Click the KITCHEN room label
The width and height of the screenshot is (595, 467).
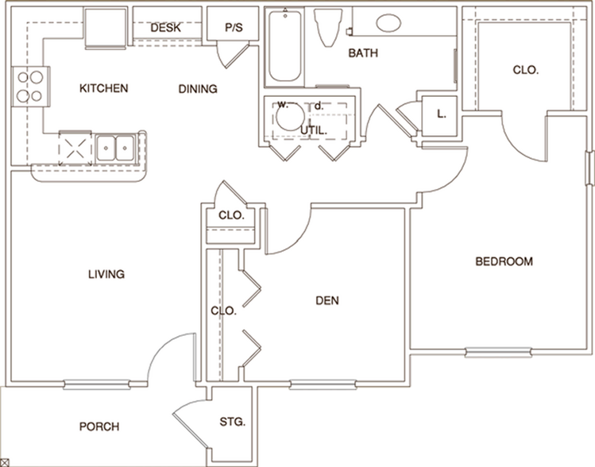103,88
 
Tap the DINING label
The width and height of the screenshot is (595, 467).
197,89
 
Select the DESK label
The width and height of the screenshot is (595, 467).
165,28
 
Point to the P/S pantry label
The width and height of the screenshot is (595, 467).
234,28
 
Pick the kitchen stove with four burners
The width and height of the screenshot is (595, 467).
29,87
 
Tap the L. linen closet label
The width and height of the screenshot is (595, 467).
442,113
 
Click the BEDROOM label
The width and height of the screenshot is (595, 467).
504,261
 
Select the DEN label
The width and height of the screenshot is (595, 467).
327,300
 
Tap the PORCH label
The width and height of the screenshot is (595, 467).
99,426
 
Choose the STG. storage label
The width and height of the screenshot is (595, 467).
233,421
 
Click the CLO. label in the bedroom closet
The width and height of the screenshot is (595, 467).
526,70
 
